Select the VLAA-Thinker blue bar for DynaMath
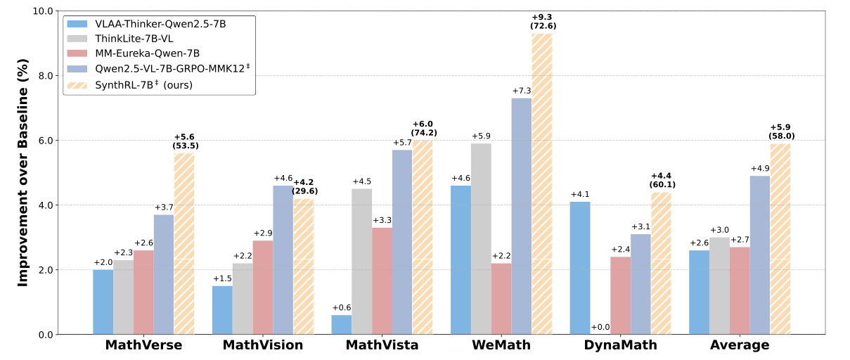[x=580, y=268]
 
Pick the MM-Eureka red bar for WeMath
[x=501, y=299]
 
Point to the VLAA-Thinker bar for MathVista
[x=342, y=325]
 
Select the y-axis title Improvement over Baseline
[x=22, y=172]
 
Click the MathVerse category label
[x=143, y=345]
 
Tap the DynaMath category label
[x=621, y=345]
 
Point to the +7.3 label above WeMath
[x=521, y=91]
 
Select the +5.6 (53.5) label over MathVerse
[x=185, y=141]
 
